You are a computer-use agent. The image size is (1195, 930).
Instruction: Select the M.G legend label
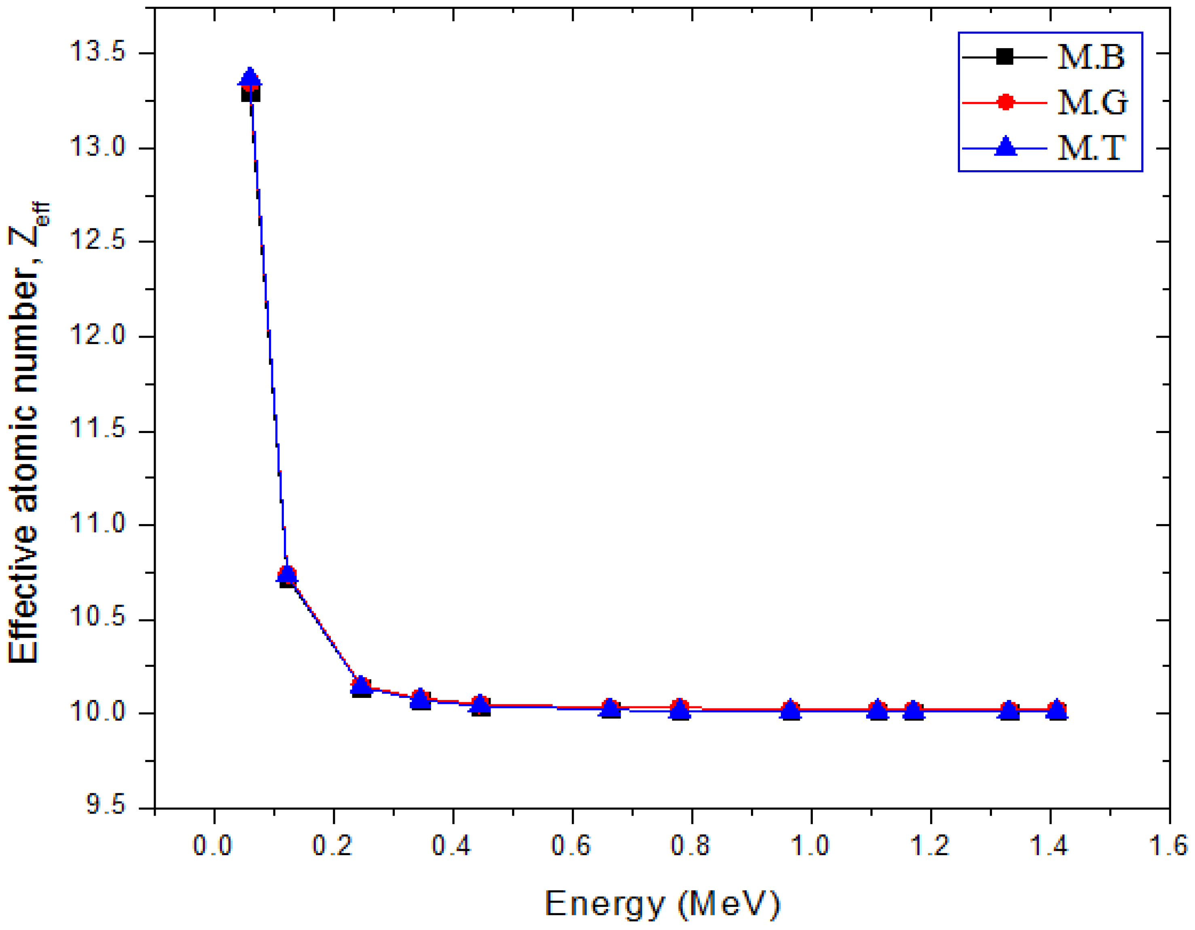1091,102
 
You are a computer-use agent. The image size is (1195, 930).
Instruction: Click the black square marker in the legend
1005,56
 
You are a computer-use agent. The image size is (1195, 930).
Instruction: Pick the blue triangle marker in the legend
1005,147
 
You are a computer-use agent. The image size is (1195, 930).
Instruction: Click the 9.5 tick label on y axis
106,807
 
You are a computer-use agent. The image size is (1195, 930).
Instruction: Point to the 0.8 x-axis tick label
691,845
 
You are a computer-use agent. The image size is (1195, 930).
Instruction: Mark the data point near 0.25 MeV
361,685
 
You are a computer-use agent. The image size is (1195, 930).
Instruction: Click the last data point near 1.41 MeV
1057,710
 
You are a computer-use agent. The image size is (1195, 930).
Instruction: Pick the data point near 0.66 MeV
610,709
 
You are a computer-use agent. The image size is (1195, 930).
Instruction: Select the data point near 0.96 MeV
791,710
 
